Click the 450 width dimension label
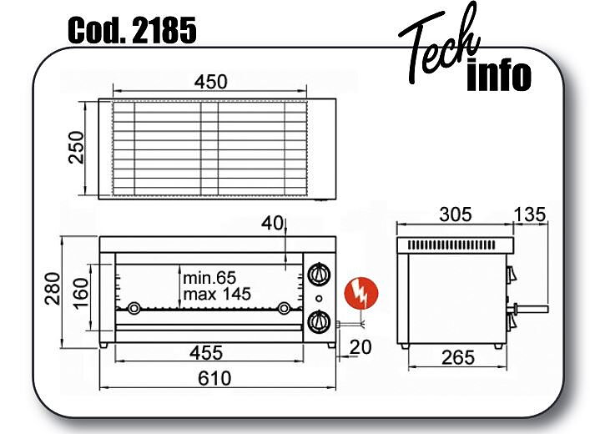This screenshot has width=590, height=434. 210,82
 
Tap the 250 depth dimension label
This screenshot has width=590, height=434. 77,147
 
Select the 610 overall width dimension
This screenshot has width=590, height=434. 214,378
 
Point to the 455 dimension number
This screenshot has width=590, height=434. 206,353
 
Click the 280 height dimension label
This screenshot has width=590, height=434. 53,289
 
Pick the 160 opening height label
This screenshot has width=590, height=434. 80,293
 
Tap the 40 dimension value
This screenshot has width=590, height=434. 272,224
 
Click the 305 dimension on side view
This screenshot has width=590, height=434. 456,214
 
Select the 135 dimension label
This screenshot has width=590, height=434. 530,214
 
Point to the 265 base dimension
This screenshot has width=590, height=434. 458,357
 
